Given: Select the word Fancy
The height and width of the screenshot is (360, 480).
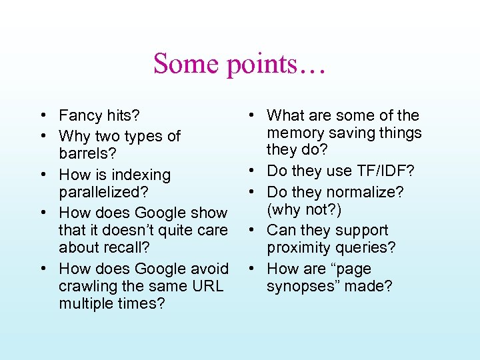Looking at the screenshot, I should tap(81, 116).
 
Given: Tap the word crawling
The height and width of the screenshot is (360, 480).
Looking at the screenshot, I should tap(85, 286).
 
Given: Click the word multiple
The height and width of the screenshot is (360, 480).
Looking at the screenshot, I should tap(84, 303).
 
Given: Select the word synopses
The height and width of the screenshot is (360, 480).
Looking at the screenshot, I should tap(301, 287).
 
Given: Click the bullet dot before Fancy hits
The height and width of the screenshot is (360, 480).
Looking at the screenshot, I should tap(41, 116).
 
